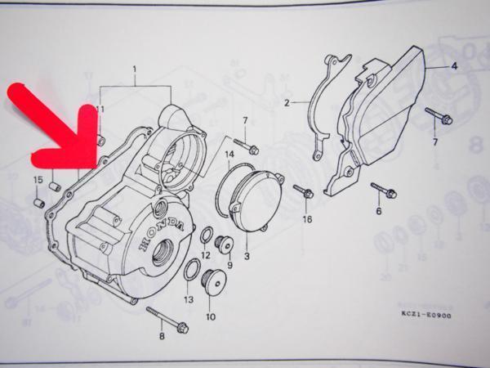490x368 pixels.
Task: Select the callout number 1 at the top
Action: (x=136, y=71)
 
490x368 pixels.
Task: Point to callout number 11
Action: (x=100, y=109)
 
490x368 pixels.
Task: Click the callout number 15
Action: (x=38, y=180)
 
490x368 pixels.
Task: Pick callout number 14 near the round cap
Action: (x=229, y=154)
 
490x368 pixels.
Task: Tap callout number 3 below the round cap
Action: (x=246, y=256)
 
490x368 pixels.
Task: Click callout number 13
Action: (x=189, y=300)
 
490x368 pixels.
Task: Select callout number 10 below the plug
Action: (x=211, y=316)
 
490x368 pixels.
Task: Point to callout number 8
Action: (x=163, y=337)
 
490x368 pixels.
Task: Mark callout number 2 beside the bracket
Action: (x=287, y=103)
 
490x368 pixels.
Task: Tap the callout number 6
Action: (x=378, y=211)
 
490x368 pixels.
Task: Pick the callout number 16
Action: (x=307, y=219)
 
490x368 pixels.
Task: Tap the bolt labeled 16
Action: (x=303, y=193)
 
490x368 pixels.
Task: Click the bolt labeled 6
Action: (x=384, y=191)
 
